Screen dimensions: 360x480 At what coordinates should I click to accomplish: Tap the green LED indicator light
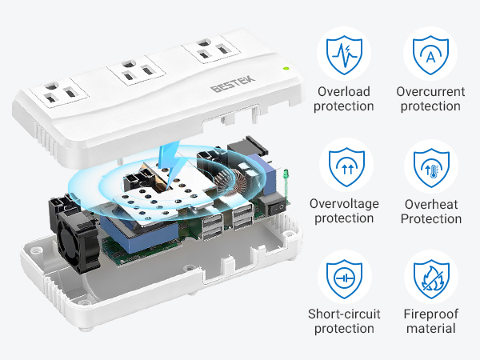coord(286,69)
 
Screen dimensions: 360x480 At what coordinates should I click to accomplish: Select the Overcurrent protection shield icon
coord(432,51)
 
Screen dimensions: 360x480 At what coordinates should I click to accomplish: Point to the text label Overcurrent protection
coord(432,98)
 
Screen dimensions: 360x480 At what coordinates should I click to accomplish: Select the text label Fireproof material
coord(432,321)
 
